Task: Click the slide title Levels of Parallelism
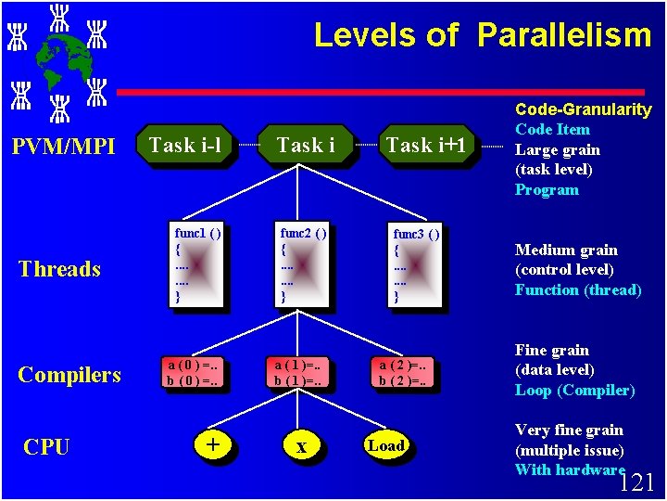tap(483, 35)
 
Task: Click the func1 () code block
tap(197, 263)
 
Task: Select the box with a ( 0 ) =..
tap(195, 372)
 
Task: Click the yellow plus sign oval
tap(213, 445)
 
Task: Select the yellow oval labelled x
tap(301, 446)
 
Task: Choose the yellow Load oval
tap(386, 446)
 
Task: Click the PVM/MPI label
tap(62, 147)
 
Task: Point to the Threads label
tap(59, 269)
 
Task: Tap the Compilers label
tap(69, 375)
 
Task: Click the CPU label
tap(46, 447)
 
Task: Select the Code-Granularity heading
tap(583, 109)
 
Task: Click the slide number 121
tap(636, 482)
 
